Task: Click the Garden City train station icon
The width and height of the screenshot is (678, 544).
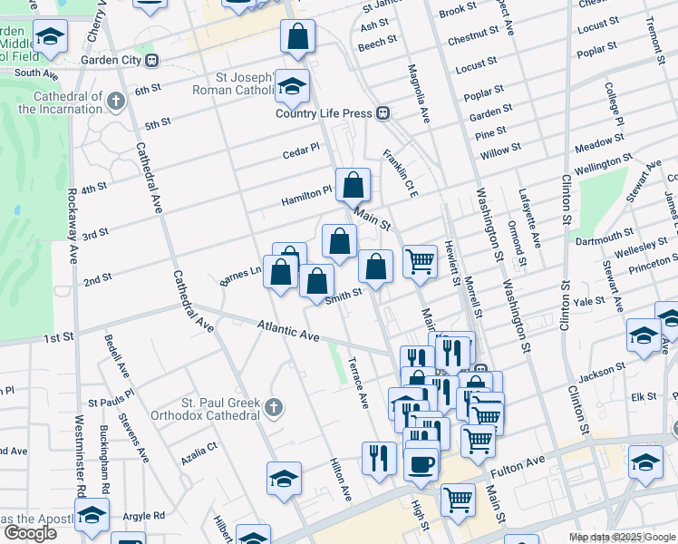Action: [x=151, y=61]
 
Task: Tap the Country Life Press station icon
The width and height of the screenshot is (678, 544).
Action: [x=383, y=113]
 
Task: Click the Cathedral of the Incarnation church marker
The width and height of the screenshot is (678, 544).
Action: [x=116, y=101]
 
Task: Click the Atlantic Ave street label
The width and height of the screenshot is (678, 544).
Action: [x=288, y=331]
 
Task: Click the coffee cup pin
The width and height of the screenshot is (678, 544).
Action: [x=421, y=464]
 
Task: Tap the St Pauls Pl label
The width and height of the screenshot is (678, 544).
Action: [x=111, y=399]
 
